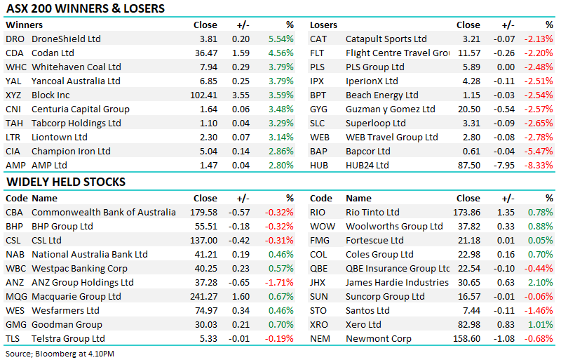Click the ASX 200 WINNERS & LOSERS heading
[85, 9]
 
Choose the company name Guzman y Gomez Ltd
[390, 109]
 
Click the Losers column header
[324, 25]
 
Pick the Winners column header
[24, 25]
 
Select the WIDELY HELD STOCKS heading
[65, 182]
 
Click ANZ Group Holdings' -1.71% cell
[279, 283]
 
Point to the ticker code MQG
[15, 297]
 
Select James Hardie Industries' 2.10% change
[540, 283]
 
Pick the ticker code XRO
[320, 325]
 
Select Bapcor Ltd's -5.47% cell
[538, 152]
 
